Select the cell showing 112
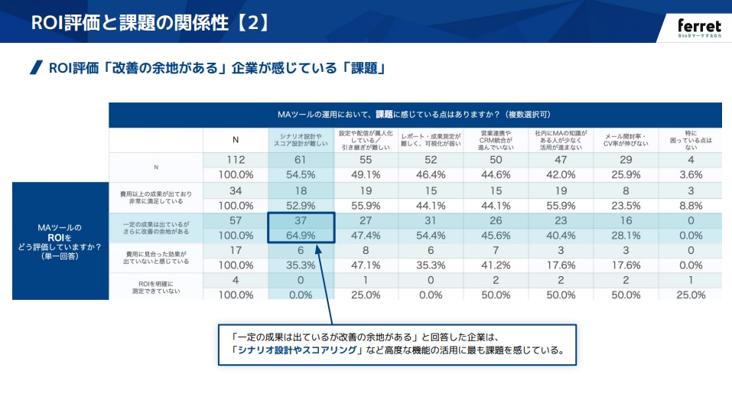pyautogui.click(x=236, y=160)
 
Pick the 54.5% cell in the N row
pyautogui.click(x=301, y=174)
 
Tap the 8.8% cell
pyautogui.click(x=690, y=205)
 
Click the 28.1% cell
pyautogui.click(x=626, y=235)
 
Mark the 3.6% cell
pyautogui.click(x=690, y=174)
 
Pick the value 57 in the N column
pyautogui.click(x=236, y=220)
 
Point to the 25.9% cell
pyautogui.click(x=626, y=174)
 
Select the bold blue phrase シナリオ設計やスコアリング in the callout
pyautogui.click(x=295, y=352)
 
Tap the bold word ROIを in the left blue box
pyautogui.click(x=60, y=237)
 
